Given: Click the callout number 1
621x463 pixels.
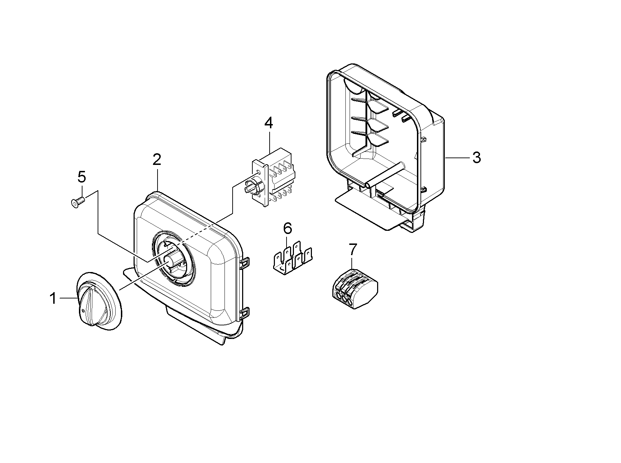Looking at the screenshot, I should (53, 299).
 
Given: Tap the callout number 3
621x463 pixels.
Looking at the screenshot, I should (476, 158).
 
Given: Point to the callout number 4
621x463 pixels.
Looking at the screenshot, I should (269, 123).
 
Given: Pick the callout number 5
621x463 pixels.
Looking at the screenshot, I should (81, 177).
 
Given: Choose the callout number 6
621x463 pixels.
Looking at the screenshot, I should (288, 228).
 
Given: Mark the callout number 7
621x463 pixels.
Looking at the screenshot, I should (352, 249).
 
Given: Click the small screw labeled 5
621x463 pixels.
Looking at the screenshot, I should (78, 202).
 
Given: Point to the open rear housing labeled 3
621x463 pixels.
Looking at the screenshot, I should (384, 141).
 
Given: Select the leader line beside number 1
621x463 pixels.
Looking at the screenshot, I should (69, 298).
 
